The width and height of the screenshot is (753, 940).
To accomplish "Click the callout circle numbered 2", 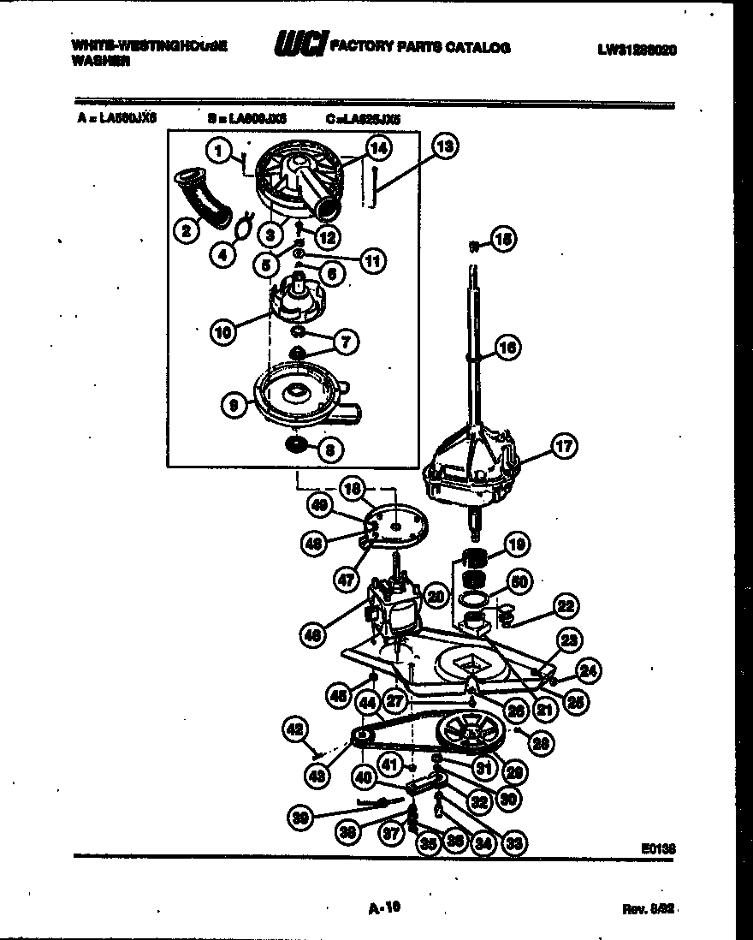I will pyautogui.click(x=182, y=229).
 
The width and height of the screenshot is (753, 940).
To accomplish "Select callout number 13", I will pyautogui.click(x=443, y=146).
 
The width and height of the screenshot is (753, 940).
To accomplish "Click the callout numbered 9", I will pyautogui.click(x=234, y=407).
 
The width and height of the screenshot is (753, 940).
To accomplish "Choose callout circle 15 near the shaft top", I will pyautogui.click(x=504, y=241).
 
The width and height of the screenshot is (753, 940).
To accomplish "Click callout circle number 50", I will pyautogui.click(x=516, y=582).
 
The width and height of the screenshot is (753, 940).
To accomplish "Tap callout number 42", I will pyautogui.click(x=294, y=729).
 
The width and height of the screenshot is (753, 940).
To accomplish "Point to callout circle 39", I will pyautogui.click(x=300, y=817).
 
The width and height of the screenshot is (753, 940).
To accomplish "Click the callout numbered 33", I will pyautogui.click(x=515, y=842).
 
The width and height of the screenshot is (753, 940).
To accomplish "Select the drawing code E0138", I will pyautogui.click(x=658, y=848).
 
